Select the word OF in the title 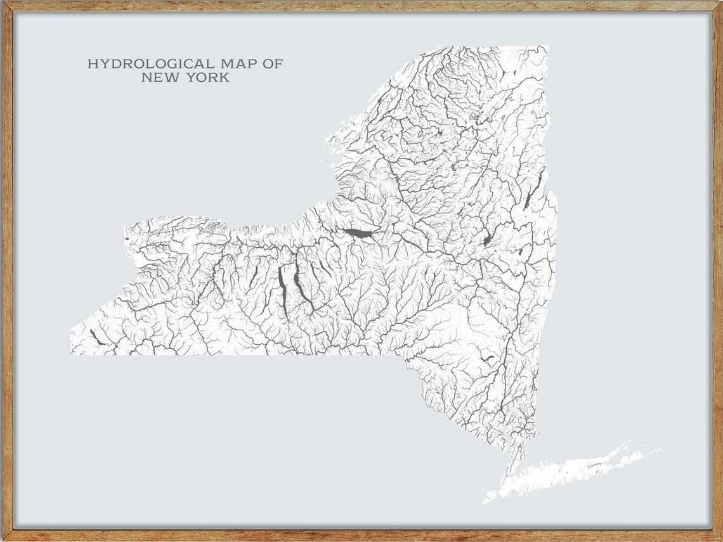tap(273, 64)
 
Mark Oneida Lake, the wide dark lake tap(358, 235)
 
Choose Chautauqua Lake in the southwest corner tap(98, 337)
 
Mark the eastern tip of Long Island tap(658, 449)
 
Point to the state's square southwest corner tap(71, 353)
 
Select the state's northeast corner tap(547, 47)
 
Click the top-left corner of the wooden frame tap(3, 3)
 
